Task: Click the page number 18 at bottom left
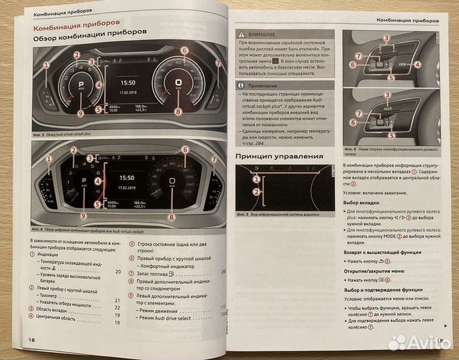(31, 340)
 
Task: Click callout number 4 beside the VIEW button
(418, 65)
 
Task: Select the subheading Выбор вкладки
(361, 202)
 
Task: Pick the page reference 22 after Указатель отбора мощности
(118, 307)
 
